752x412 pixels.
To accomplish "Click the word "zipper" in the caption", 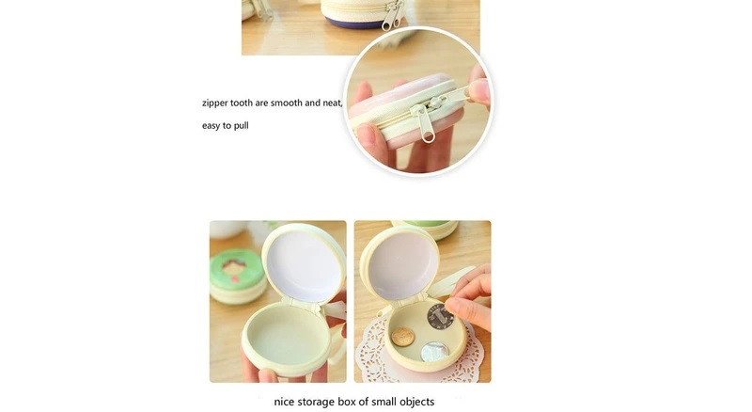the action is tap(215, 103).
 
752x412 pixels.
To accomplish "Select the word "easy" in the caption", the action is tap(211, 126).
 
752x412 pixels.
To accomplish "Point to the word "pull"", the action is tap(242, 126).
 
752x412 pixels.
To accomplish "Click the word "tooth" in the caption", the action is tap(242, 103).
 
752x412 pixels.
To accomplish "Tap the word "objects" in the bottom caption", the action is tap(416, 402).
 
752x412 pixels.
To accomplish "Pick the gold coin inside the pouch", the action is tap(403, 337).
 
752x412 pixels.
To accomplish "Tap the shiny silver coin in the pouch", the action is tap(434, 352).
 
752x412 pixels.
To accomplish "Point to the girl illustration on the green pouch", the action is tap(233, 269).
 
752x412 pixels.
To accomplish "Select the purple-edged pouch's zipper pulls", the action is tap(393, 15).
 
